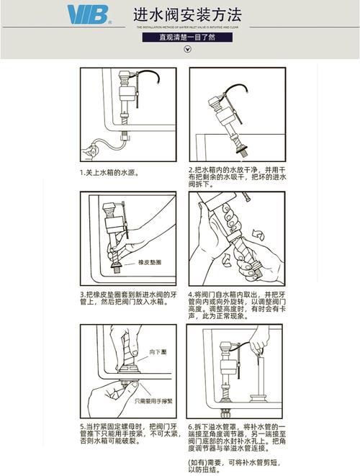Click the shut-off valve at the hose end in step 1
(90, 152)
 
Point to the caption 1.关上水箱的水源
(109, 173)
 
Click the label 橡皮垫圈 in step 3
(150, 264)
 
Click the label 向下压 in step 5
(158, 351)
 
